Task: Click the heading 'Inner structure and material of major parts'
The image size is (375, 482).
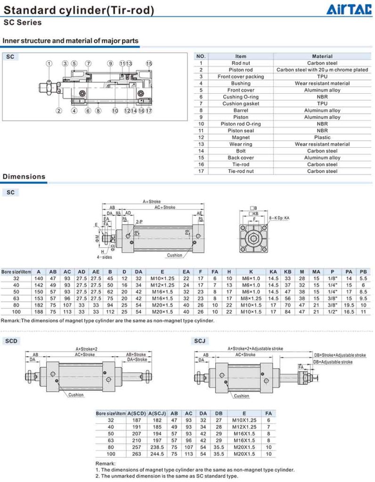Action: pyautogui.click(x=71, y=41)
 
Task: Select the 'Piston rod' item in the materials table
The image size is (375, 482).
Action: pyautogui.click(x=240, y=70)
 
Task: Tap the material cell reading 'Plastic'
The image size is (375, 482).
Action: pyautogui.click(x=322, y=137)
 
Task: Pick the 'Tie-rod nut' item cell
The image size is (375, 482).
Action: pyautogui.click(x=240, y=171)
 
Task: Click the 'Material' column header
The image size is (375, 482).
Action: pyautogui.click(x=322, y=56)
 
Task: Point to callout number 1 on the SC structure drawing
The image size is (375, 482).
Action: pyautogui.click(x=49, y=64)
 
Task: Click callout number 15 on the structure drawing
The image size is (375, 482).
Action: pyautogui.click(x=149, y=64)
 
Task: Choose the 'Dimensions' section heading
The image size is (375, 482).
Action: pyautogui.click(x=24, y=177)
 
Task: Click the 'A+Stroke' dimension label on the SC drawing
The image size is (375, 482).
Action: pyautogui.click(x=152, y=201)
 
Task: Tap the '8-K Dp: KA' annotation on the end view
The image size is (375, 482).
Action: pyautogui.click(x=279, y=218)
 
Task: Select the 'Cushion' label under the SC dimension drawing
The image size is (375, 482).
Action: pyautogui.click(x=174, y=256)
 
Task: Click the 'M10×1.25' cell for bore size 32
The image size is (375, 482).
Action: pyautogui.click(x=162, y=278)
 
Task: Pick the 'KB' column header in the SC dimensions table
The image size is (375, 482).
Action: pyautogui.click(x=287, y=272)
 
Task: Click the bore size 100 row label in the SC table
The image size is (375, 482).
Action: pyautogui.click(x=16, y=312)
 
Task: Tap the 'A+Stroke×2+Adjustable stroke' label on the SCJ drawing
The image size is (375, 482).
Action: pyautogui.click(x=255, y=349)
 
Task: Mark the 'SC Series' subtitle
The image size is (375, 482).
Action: pyautogui.click(x=23, y=23)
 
